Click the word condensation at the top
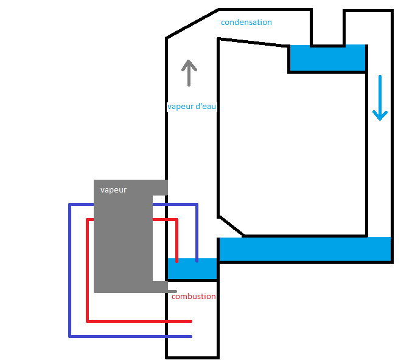[246, 23]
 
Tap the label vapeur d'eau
[192, 106]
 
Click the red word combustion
[194, 297]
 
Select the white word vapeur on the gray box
[113, 190]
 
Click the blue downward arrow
[380, 97]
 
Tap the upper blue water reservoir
[327, 58]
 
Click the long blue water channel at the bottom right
[304, 249]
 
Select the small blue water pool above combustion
[192, 269]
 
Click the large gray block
[122, 244]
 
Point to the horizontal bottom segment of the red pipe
[139, 320]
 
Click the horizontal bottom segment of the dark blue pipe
[130, 336]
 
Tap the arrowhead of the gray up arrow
[189, 64]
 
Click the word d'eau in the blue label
[206, 106]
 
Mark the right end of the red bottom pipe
[190, 320]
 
